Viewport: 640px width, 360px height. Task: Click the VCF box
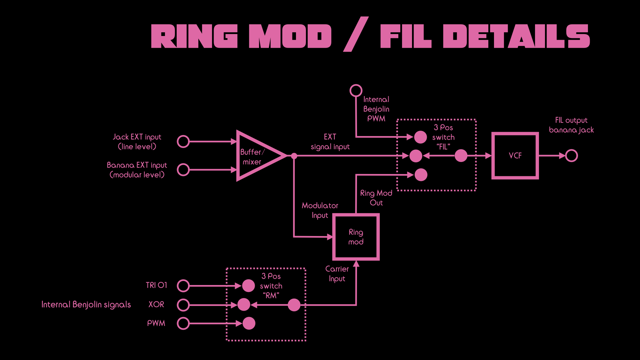(515, 156)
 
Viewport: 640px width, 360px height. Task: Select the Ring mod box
(356, 237)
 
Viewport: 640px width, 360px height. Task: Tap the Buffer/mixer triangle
(257, 156)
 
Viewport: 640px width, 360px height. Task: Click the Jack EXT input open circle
(183, 142)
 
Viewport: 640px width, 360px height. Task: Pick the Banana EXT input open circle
(183, 170)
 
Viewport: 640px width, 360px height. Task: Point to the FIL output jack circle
(571, 156)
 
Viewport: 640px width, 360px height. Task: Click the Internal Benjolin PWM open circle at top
(356, 90)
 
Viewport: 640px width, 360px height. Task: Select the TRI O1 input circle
(183, 286)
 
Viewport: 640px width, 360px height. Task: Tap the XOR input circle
(183, 305)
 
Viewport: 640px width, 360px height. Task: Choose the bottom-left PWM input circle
(183, 323)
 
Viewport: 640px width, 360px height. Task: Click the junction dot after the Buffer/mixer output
(294, 156)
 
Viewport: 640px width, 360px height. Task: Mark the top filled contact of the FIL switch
(420, 137)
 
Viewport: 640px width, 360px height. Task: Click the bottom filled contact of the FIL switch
(421, 175)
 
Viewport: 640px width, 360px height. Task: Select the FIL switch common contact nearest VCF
(461, 156)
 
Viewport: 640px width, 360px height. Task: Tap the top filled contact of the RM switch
(248, 286)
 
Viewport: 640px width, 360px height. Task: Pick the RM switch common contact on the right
(294, 305)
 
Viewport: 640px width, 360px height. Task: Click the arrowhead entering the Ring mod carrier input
(356, 264)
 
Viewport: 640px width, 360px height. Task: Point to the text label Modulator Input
(320, 210)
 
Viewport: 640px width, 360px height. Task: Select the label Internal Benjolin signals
(86, 305)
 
